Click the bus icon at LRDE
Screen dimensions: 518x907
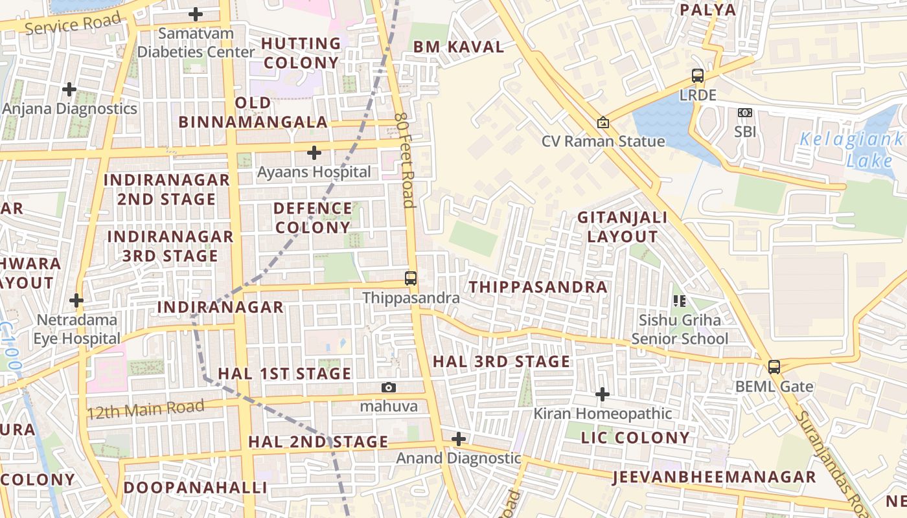pos(698,76)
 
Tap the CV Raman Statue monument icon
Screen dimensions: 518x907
pos(603,122)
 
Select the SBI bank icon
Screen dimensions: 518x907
pos(745,113)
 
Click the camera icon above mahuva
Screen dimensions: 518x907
pos(389,387)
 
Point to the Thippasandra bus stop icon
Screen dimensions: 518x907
pos(411,278)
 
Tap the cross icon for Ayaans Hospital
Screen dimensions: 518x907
pos(314,153)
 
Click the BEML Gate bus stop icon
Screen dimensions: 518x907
pos(774,367)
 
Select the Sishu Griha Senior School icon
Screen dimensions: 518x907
pos(680,300)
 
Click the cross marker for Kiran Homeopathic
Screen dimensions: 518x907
pos(603,394)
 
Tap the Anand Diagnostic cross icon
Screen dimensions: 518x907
pos(459,439)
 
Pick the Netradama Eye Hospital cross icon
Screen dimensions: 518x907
pos(76,300)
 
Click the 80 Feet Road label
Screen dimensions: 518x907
pos(404,159)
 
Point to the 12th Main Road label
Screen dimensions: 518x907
pos(145,409)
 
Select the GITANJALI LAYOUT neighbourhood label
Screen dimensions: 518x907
pos(623,227)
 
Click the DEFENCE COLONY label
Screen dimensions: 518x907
pos(312,218)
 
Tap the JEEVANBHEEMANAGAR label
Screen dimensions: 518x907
pos(713,477)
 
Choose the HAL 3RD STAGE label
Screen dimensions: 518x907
pos(501,361)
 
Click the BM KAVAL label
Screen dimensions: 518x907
pos(459,47)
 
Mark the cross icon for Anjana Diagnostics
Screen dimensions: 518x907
pos(69,89)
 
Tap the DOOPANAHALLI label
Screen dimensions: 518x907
pos(195,487)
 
